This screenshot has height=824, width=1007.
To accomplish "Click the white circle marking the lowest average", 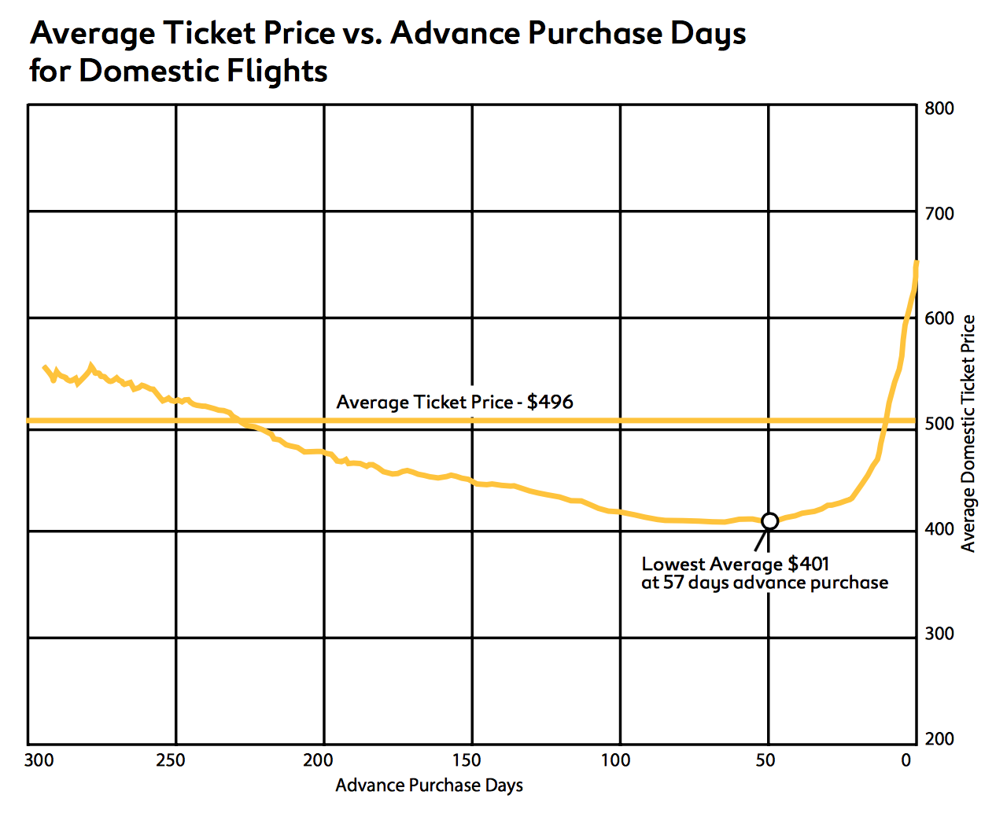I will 769,521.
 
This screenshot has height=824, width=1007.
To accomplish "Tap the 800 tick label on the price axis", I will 939,109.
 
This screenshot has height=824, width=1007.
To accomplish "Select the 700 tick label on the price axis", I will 939,213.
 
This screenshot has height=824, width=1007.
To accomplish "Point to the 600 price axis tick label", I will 939,318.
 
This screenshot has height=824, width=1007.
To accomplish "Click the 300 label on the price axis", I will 939,634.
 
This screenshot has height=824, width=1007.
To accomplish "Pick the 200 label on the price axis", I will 939,739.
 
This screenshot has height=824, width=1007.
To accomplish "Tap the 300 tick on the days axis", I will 39,760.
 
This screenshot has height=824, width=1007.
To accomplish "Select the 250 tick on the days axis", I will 171,760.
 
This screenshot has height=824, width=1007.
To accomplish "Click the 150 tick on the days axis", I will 467,760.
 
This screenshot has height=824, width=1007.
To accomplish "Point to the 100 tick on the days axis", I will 615,760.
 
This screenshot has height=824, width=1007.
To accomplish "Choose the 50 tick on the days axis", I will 765,760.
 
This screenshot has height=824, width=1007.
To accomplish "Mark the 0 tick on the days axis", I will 906,760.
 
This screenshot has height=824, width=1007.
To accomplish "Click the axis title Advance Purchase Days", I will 429,785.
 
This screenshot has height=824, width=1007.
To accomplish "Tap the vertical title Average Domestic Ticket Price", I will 968,433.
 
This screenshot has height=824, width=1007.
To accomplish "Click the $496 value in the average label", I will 550,403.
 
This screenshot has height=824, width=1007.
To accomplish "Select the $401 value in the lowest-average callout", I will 808,564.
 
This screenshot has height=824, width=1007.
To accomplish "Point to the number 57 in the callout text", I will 673,583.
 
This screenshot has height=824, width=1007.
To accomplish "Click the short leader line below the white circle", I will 760,539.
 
